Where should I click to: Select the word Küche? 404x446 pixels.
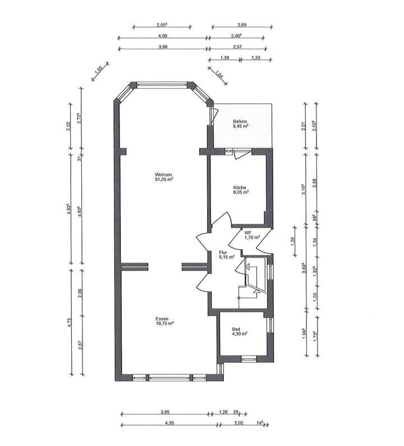241,188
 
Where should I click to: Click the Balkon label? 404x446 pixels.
241,122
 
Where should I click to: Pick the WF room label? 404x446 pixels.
247,231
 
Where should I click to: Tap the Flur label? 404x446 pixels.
223,253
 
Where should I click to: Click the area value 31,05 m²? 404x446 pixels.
164,180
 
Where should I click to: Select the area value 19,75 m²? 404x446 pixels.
164,324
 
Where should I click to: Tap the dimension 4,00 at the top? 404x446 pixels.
163,36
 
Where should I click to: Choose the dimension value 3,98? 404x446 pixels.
163,47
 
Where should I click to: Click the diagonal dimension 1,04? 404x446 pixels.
218,73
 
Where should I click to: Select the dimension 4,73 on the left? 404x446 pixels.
68,321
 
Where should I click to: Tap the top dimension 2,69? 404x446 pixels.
242,25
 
